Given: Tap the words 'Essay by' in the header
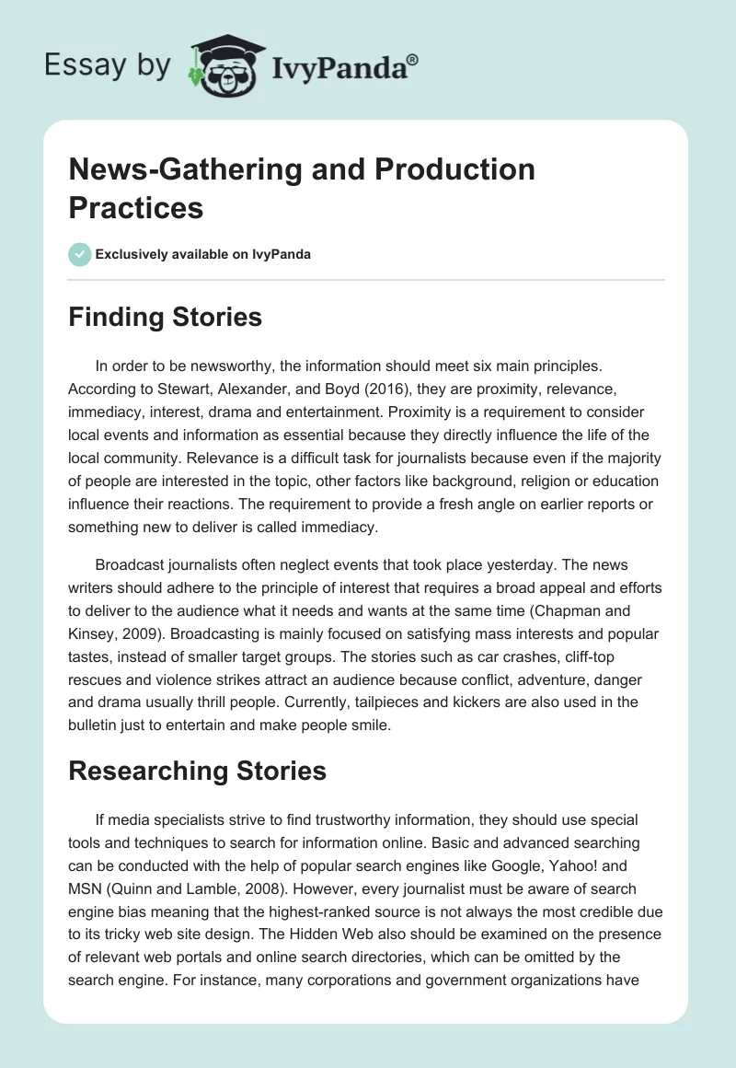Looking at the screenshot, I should (107, 66).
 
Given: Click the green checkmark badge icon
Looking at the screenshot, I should (80, 254).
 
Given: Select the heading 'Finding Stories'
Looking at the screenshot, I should (165, 318).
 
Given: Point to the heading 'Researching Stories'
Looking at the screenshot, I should (197, 771).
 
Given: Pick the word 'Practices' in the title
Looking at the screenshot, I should (136, 207).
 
